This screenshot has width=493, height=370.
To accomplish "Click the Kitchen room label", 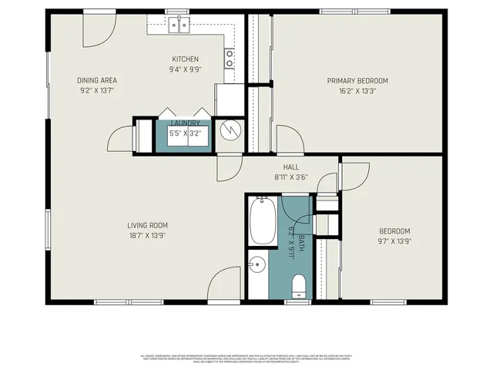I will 185,59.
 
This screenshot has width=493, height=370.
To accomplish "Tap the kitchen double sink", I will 179,26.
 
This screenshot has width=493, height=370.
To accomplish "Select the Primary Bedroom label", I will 357,81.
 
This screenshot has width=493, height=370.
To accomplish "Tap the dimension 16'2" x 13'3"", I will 357,91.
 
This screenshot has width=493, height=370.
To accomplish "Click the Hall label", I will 290,166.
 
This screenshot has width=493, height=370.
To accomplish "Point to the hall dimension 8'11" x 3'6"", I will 290,177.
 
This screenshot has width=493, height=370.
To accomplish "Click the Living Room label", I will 147,226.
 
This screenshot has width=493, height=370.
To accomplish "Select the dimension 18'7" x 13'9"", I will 147,236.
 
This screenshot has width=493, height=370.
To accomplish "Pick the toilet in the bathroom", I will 299,288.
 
